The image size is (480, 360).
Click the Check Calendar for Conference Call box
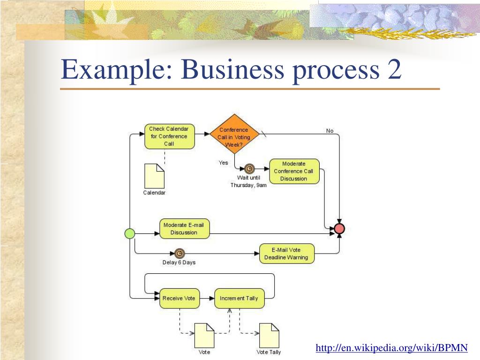point(169,136)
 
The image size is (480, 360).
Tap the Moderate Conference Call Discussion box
point(294,171)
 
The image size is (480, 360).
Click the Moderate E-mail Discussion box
point(184,229)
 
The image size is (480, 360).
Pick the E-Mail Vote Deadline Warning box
point(286,254)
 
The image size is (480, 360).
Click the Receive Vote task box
point(179,298)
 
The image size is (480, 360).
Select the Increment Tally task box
point(239,298)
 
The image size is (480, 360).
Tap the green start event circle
point(130,233)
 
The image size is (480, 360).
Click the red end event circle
point(340,229)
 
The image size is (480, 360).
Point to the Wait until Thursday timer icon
point(250,169)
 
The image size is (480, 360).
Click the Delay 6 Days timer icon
point(180,254)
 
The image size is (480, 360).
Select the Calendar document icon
point(154,176)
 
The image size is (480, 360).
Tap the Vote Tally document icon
point(269,335)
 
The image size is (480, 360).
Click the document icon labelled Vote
point(204,335)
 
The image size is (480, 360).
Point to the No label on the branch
point(330,131)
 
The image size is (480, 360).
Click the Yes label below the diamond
point(223,163)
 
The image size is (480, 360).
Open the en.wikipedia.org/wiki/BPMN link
point(391,348)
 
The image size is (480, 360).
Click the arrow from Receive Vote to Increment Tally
point(207,298)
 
